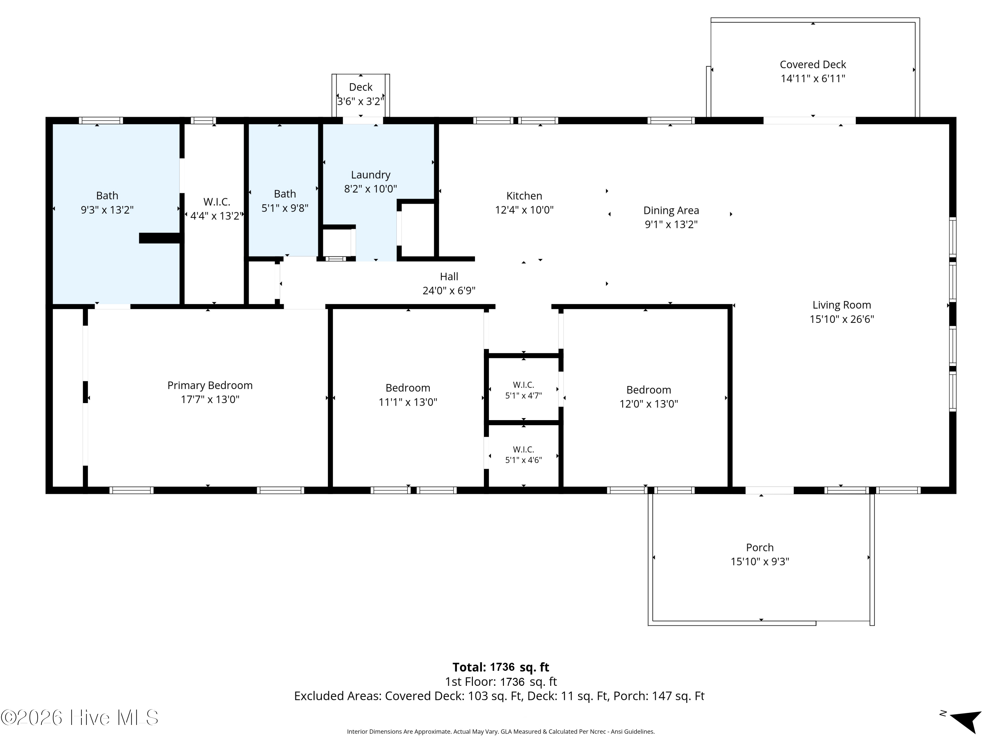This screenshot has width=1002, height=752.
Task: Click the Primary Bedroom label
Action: pyautogui.click(x=210, y=385)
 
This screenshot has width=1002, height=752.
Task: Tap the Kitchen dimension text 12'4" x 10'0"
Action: pyautogui.click(x=524, y=210)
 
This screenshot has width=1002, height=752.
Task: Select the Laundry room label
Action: pyautogui.click(x=370, y=175)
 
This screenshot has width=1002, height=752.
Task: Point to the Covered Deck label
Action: pyautogui.click(x=813, y=65)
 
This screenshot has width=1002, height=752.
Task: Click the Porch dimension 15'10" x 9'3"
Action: pyautogui.click(x=760, y=561)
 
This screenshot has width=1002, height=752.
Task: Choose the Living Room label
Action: pyautogui.click(x=842, y=305)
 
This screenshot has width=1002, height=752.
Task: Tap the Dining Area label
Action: pyautogui.click(x=671, y=210)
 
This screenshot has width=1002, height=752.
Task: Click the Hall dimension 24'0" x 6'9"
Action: pyautogui.click(x=449, y=290)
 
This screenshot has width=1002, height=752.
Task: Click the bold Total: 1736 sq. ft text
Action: pyautogui.click(x=501, y=667)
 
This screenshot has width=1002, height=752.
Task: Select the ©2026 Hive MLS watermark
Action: pyautogui.click(x=80, y=718)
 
